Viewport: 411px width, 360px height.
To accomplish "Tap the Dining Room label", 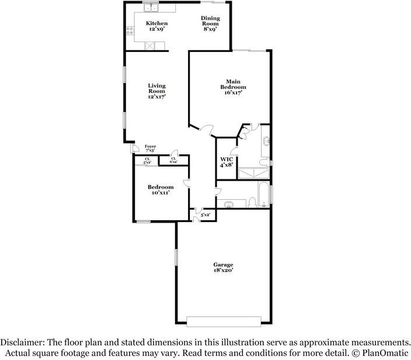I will pyautogui.click(x=210, y=23).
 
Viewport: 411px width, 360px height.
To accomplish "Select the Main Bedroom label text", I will pyautogui.click(x=233, y=87).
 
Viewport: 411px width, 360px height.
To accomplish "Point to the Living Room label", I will pyautogui.click(x=156, y=91).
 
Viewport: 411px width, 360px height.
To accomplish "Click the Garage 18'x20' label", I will pyautogui.click(x=223, y=267).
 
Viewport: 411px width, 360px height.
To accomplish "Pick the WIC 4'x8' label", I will pyautogui.click(x=227, y=162).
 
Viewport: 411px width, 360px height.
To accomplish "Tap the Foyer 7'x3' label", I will pyautogui.click(x=150, y=148).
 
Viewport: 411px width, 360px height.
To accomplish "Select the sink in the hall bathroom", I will pyautogui.click(x=229, y=204).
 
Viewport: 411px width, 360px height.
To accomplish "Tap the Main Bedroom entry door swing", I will pyautogui.click(x=206, y=131).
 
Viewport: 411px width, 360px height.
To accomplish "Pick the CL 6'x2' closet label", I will pyautogui.click(x=173, y=160).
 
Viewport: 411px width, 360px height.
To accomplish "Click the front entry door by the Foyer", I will pyautogui.click(x=135, y=148).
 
